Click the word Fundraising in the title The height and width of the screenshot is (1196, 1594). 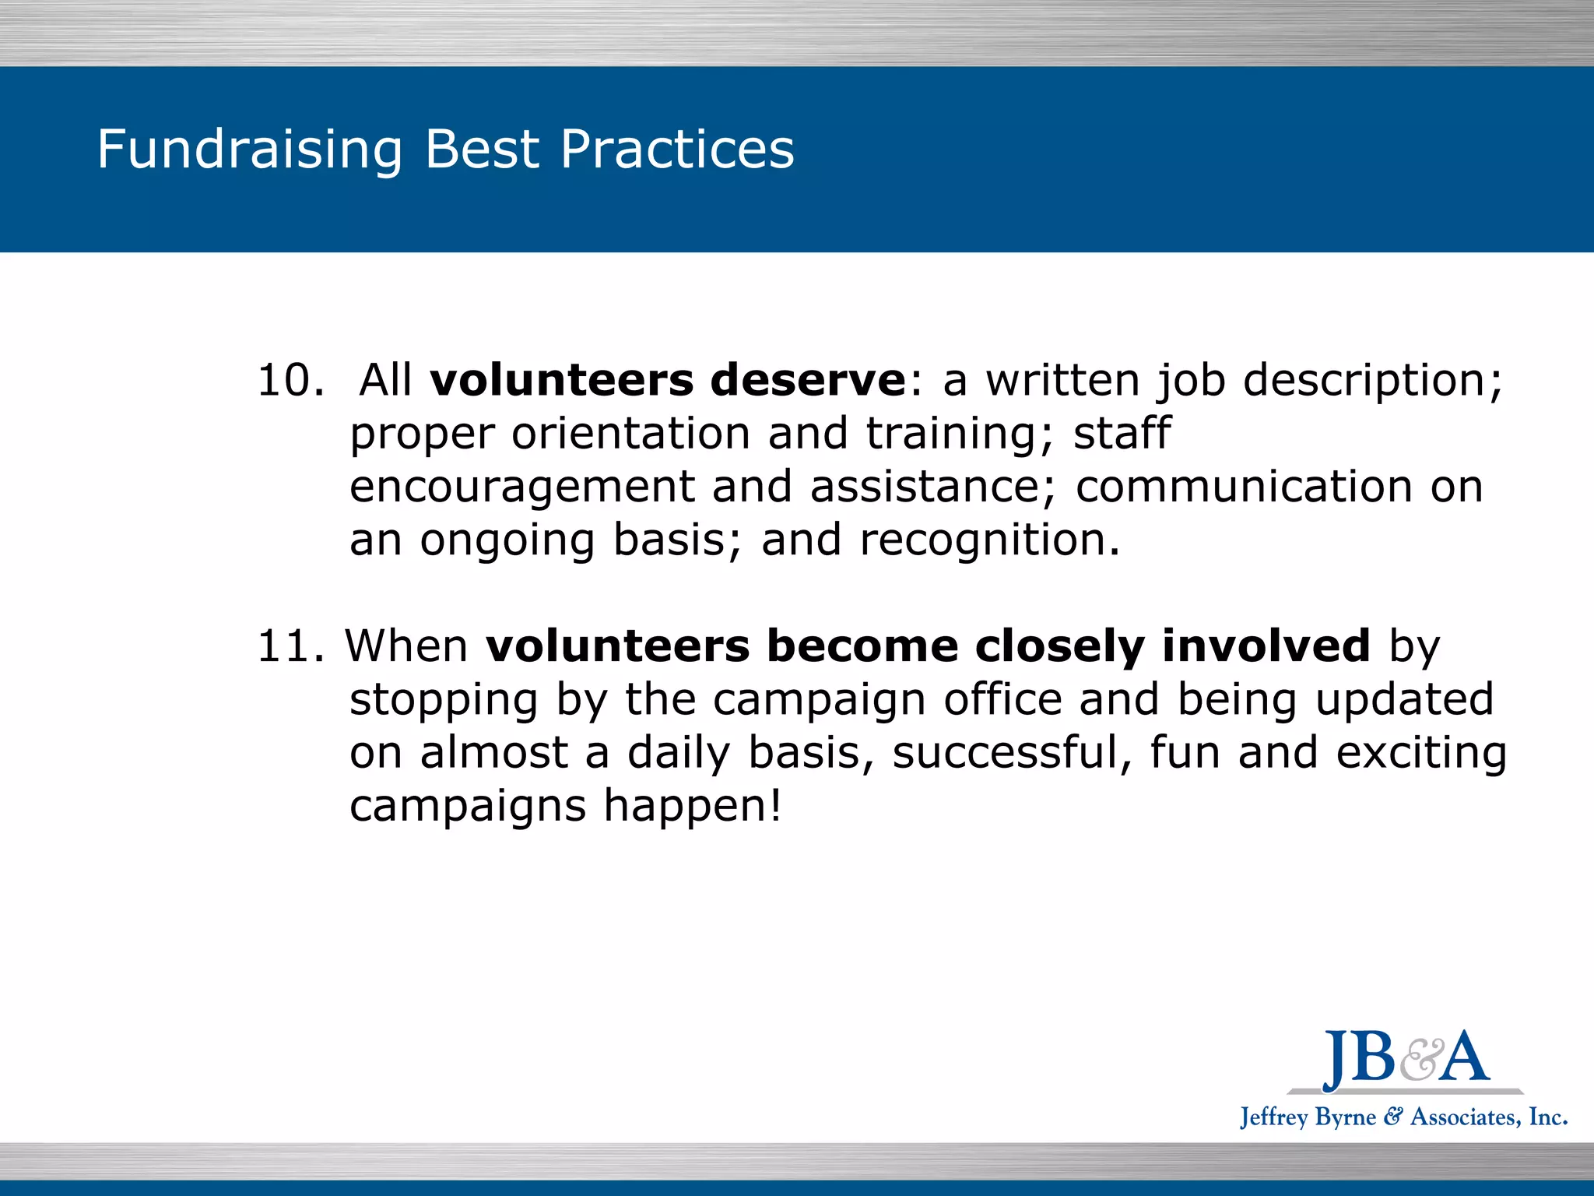pos(249,149)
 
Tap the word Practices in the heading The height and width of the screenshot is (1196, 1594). pos(677,149)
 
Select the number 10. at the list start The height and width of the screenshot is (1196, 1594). pos(290,381)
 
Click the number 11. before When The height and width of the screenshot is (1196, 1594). pos(290,646)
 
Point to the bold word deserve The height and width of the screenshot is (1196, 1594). pos(808,381)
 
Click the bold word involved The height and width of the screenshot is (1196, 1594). pos(1266,646)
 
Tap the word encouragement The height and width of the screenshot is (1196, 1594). pos(521,488)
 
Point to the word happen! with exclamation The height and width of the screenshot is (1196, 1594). pos(693,806)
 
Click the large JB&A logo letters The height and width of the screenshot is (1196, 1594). pos(1406,1057)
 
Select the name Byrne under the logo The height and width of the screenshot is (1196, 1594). pos(1345,1117)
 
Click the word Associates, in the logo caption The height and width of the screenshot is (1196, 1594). pos(1463,1117)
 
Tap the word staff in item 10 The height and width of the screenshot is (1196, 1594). pos(1122,434)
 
